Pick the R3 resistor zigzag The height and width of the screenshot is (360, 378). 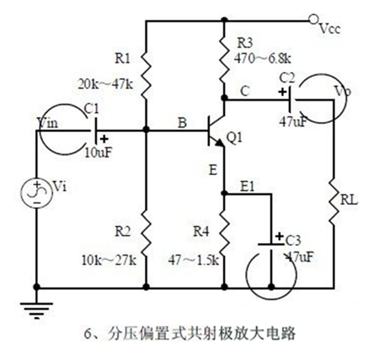point(224,61)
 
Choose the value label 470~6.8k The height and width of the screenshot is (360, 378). point(263,59)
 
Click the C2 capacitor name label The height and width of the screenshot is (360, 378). point(287,78)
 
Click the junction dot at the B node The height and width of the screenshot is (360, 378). point(146,130)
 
